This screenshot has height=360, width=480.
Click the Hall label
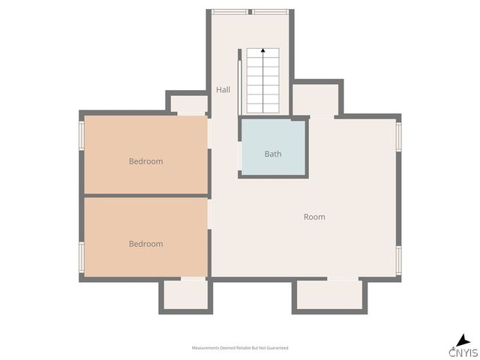[223, 90]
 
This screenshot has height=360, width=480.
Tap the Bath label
[273, 154]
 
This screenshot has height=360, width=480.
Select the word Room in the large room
[314, 217]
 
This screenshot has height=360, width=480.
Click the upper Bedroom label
[145, 161]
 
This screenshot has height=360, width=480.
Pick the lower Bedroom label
[145, 244]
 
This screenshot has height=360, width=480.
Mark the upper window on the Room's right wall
[398, 136]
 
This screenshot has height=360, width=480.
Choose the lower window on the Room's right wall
[398, 258]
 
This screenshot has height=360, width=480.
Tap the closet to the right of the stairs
[316, 99]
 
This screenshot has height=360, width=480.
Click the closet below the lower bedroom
[185, 295]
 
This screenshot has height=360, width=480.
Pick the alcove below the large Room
[329, 295]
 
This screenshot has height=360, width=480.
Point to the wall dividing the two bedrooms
[145, 196]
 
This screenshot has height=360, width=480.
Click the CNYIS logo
[463, 346]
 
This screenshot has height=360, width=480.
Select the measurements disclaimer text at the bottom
[240, 348]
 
